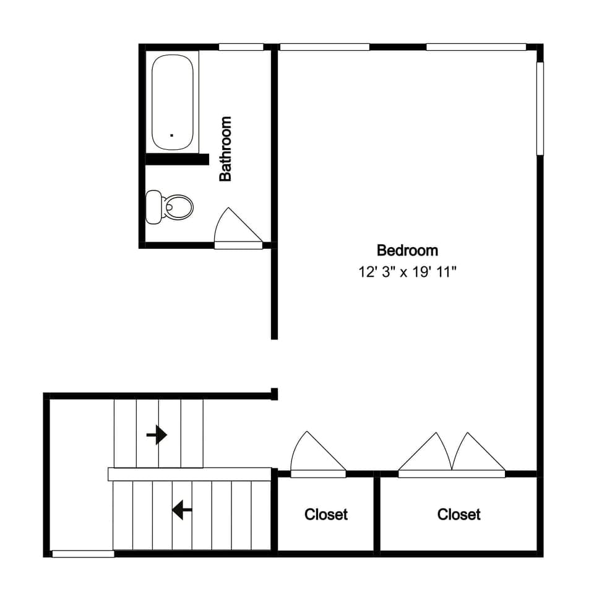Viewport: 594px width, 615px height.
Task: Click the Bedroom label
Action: tap(407, 250)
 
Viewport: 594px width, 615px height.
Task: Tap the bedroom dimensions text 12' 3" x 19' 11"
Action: tap(407, 271)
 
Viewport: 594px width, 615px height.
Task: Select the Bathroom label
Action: tap(226, 149)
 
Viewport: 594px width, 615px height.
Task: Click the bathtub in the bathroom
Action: tap(173, 102)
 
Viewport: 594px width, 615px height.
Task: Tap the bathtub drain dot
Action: tap(171, 133)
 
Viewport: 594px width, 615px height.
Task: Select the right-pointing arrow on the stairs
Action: tap(157, 435)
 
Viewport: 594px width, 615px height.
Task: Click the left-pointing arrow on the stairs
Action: tap(182, 510)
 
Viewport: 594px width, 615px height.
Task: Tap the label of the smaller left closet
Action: tap(326, 514)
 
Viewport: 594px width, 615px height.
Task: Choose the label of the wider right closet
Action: tap(458, 514)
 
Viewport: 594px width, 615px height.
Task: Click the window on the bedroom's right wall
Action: tap(540, 108)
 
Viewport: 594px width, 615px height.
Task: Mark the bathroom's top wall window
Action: tap(241, 46)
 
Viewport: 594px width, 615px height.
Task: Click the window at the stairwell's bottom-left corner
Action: tap(83, 554)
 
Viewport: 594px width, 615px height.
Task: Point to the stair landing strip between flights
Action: tap(189, 474)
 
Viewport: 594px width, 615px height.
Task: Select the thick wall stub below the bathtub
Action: tap(177, 160)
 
